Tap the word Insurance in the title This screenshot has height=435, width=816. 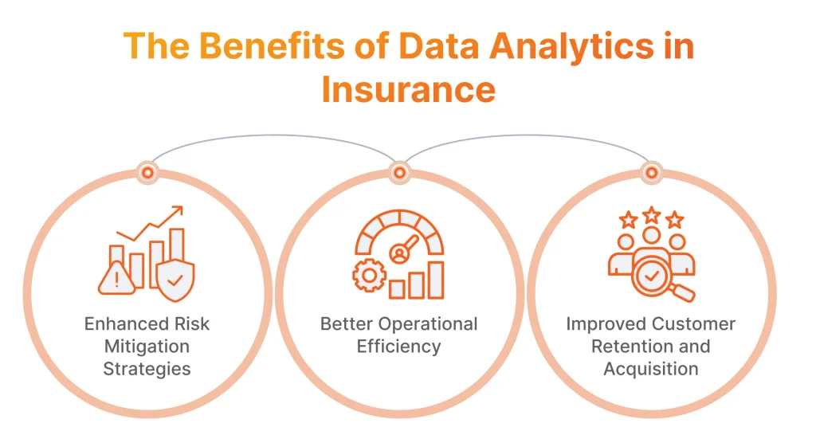[x=408, y=89]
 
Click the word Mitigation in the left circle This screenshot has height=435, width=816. [x=147, y=347]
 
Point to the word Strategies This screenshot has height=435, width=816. [x=147, y=369]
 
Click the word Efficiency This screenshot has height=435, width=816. [x=398, y=347]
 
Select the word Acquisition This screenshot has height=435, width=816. [x=651, y=369]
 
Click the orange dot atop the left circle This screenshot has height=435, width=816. [x=147, y=171]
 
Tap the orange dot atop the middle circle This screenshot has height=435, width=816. [x=399, y=171]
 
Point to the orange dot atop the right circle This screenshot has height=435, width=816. [x=651, y=171]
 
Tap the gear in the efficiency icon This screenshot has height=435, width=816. [x=369, y=277]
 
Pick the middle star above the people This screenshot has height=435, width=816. [x=652, y=214]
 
